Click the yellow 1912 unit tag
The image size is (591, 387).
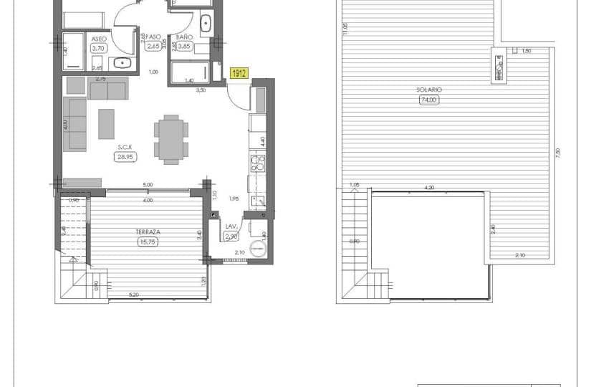(x=239, y=72)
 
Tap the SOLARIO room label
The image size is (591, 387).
(x=429, y=90)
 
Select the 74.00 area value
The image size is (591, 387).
(x=429, y=100)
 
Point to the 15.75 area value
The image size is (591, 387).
(x=146, y=242)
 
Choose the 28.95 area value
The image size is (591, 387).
(x=127, y=156)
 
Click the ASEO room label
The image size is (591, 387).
(x=98, y=39)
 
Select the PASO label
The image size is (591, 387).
(x=153, y=37)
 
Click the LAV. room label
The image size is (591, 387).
(x=231, y=226)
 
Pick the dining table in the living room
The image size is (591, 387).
(x=171, y=139)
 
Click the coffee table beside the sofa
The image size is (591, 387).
(x=106, y=123)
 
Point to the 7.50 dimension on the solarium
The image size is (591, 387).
(x=557, y=153)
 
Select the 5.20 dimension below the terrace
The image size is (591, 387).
(x=133, y=294)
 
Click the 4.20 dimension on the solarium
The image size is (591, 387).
(x=429, y=188)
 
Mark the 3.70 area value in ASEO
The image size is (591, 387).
(x=98, y=48)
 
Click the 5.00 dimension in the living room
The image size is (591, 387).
(x=147, y=185)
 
